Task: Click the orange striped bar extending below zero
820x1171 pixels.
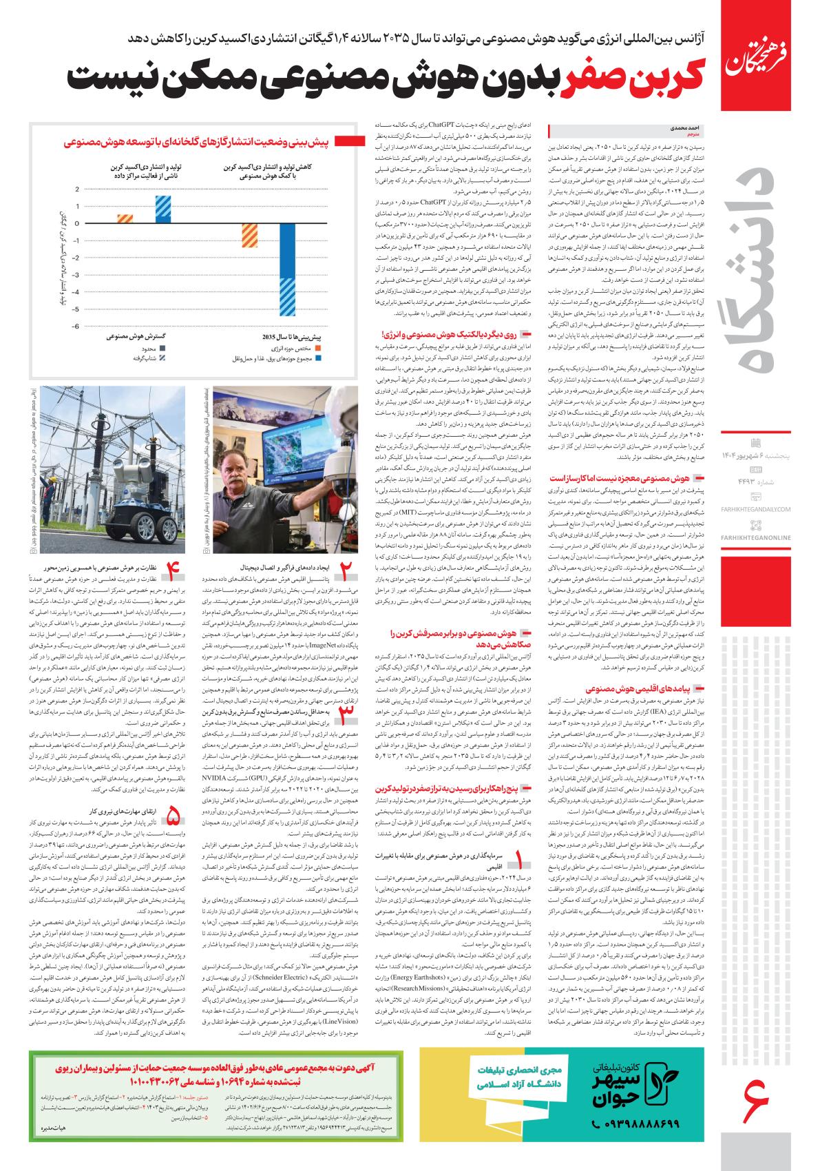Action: (250, 245)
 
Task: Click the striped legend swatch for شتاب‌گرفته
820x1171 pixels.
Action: (163, 358)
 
